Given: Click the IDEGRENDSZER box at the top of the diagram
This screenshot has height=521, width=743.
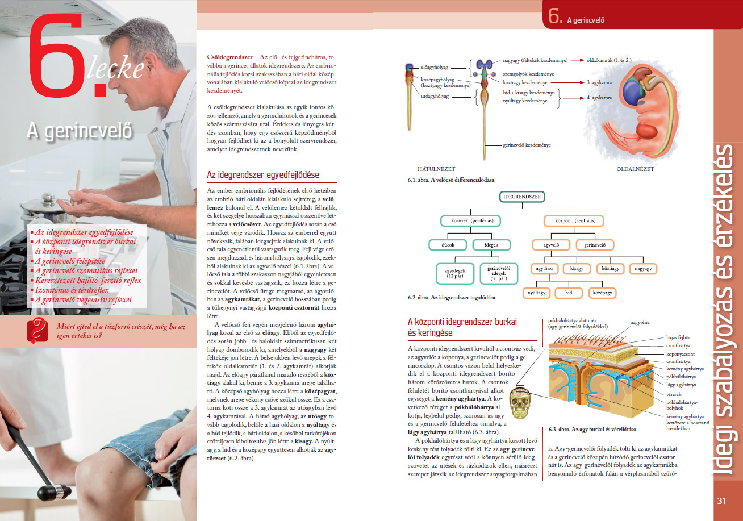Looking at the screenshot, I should (521, 197).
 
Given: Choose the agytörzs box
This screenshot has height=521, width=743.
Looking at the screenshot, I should (544, 268).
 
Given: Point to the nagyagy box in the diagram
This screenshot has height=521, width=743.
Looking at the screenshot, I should (644, 268).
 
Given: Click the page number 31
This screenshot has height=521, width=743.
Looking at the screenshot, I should (722, 501).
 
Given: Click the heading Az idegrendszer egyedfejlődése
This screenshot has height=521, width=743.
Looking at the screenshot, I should (262, 174).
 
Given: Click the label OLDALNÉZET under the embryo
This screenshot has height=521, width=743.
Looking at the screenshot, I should (635, 169).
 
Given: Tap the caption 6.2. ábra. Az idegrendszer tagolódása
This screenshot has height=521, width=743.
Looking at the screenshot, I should (451, 298).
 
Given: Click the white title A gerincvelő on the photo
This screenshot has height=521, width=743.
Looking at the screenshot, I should (80, 131).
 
